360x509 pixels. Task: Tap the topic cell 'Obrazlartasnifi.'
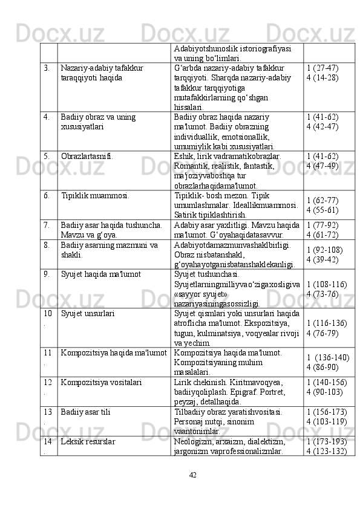[x=87, y=155]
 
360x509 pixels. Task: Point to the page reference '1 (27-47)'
[x=322, y=68]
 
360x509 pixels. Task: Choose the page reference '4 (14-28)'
[x=322, y=78]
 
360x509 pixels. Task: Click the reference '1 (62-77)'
[x=322, y=200]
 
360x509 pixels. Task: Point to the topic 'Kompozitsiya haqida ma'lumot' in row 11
[x=114, y=352]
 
